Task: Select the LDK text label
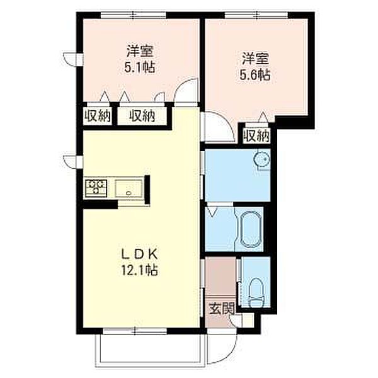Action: pos(142,255)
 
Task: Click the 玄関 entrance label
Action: pos(221,309)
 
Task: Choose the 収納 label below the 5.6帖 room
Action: pos(257,135)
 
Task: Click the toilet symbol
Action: pos(256,294)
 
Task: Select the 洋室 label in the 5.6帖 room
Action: pos(255,59)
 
